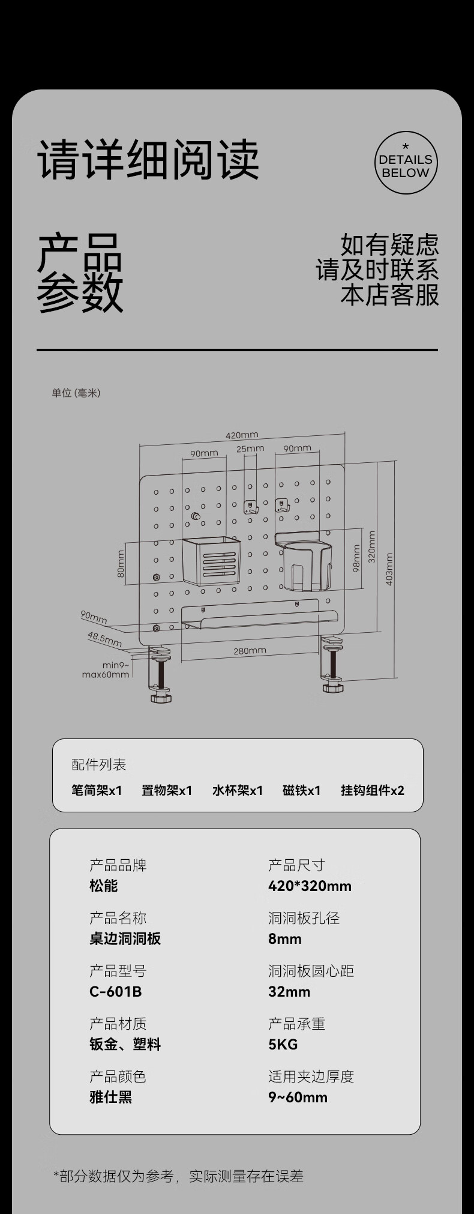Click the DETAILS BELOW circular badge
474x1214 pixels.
point(406,163)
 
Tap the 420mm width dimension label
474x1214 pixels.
point(242,435)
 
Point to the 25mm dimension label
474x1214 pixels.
point(250,448)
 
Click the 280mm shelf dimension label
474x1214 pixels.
point(250,651)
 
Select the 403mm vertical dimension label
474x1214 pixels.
point(389,569)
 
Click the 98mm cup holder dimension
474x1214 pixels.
point(356,558)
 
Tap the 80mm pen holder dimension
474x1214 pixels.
point(121,564)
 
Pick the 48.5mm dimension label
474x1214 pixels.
point(104,639)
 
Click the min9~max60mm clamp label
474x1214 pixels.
point(106,669)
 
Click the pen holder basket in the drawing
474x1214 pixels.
point(211,561)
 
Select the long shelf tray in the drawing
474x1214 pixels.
point(259,618)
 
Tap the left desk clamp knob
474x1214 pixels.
point(161,697)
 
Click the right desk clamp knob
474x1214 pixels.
point(334,686)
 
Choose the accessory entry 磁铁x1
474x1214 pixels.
point(301,790)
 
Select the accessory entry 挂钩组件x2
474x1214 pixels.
point(373,790)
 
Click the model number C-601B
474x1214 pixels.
point(116,991)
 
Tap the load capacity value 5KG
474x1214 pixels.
point(283,1044)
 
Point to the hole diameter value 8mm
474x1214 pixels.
point(285,938)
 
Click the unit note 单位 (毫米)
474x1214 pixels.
point(76,393)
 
